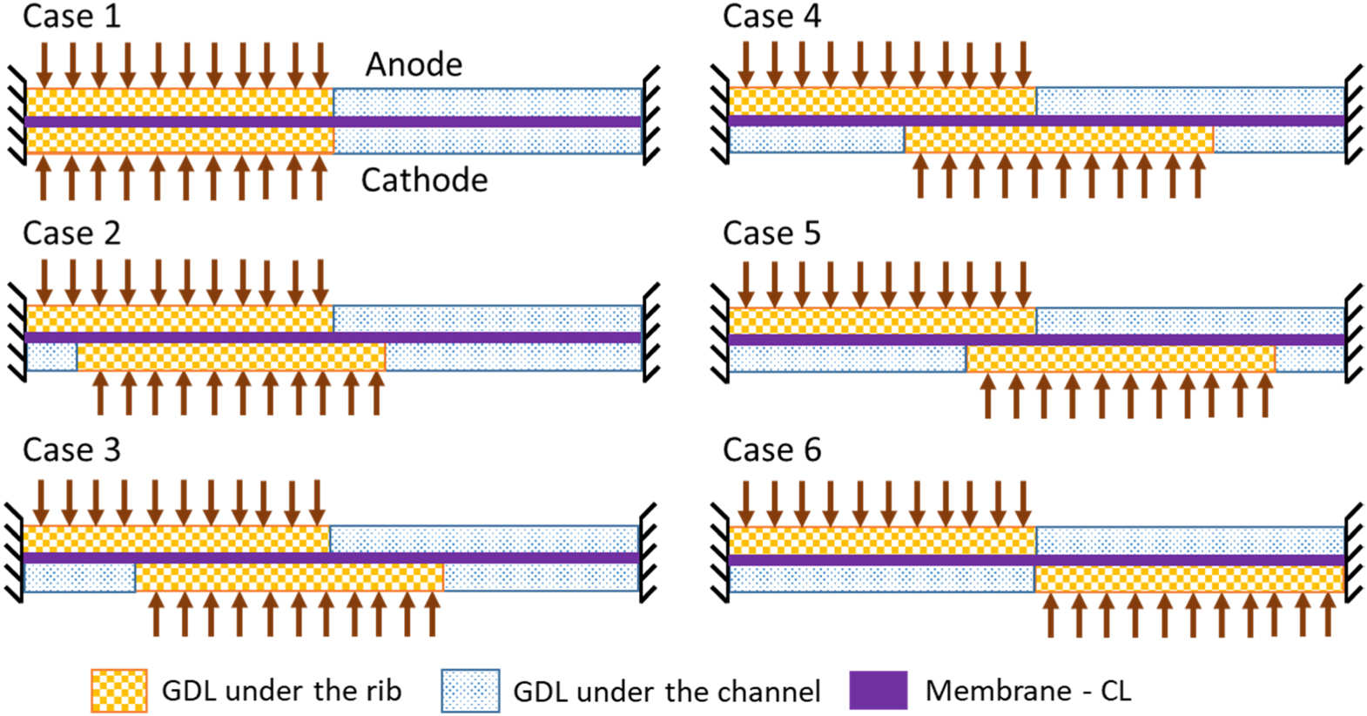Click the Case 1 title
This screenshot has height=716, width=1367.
point(71,17)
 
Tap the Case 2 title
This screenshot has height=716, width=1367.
point(71,233)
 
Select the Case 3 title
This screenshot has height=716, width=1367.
point(71,450)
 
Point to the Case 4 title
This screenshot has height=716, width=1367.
point(771,17)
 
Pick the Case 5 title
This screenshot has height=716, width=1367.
point(771,233)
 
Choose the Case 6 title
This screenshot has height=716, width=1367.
point(771,450)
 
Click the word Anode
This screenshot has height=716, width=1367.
point(414,64)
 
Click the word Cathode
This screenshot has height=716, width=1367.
point(424,180)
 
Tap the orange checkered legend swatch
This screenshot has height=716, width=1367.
point(119,691)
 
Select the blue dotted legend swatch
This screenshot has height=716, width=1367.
point(470,691)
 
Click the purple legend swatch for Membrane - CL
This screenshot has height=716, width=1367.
point(879,691)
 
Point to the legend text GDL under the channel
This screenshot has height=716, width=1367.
point(666,692)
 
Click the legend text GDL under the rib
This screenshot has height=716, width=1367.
point(281,691)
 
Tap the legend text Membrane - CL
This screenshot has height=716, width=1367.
point(1027,691)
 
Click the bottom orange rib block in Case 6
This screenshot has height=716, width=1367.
point(1189,579)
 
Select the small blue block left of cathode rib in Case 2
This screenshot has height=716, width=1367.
point(51,357)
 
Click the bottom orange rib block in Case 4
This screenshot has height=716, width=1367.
point(1059,139)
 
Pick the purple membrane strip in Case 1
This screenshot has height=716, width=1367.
point(333,122)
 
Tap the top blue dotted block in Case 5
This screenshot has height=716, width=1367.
point(1189,321)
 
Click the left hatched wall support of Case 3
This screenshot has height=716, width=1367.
point(14,553)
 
